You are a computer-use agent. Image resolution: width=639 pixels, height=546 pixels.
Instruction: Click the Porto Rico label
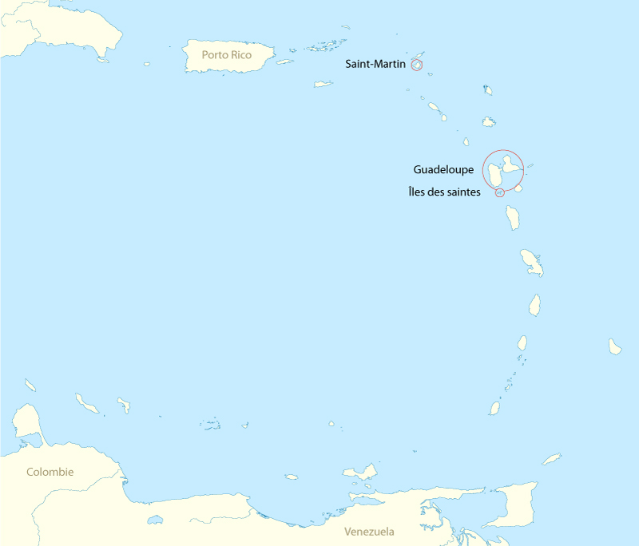[227, 55]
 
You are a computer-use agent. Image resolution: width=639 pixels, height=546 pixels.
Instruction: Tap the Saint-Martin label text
[375, 64]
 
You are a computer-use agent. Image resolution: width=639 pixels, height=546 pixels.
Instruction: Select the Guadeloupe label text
[443, 169]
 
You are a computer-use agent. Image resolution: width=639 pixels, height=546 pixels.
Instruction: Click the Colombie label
[50, 472]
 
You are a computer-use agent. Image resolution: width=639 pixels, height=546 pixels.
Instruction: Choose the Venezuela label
[369, 532]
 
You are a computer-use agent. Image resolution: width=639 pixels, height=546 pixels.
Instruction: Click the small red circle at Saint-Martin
[416, 64]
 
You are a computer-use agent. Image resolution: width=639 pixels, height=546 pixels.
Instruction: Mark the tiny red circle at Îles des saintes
[500, 192]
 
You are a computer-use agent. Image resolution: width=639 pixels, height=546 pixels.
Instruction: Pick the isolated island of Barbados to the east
[615, 346]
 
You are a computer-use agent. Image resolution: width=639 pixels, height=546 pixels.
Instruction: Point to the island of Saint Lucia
[534, 304]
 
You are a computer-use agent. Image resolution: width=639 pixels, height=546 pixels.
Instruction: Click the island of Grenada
[494, 408]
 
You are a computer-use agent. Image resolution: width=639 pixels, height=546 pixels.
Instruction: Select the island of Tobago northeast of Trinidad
[552, 459]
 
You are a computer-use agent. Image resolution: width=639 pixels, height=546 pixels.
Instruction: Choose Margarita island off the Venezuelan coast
[360, 472]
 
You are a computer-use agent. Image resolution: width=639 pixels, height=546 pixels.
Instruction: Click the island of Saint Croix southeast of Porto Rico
[323, 83]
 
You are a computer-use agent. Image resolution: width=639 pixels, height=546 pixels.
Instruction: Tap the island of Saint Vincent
[522, 342]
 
